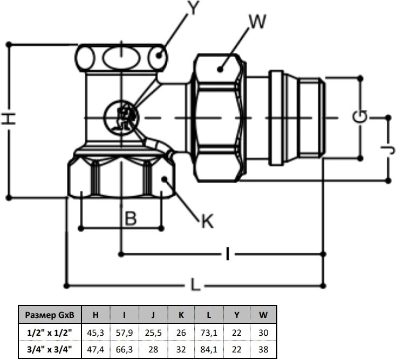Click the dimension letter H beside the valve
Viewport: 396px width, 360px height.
(x=8, y=119)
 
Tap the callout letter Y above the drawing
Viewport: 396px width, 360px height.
(x=194, y=8)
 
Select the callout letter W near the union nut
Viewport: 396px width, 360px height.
(x=257, y=21)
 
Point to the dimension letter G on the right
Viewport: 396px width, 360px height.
(x=360, y=116)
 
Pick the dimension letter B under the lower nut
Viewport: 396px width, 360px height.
(x=131, y=218)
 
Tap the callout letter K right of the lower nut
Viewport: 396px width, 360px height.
(x=207, y=221)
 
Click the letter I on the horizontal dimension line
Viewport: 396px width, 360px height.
(x=228, y=253)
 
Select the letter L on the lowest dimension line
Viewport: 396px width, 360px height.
(x=195, y=285)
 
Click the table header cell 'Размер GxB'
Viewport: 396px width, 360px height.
(x=50, y=315)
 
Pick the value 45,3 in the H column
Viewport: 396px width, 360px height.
(x=95, y=333)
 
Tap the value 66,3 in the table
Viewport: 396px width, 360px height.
(x=124, y=349)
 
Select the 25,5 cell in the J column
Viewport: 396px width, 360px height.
(x=153, y=333)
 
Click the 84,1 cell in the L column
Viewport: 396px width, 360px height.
(x=209, y=349)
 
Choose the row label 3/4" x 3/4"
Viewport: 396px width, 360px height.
(x=50, y=349)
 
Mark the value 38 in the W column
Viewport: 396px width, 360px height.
(x=263, y=349)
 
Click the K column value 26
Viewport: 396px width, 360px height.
(x=181, y=333)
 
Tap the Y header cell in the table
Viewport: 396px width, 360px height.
(x=237, y=315)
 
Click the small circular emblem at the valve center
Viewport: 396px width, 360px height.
(x=121, y=117)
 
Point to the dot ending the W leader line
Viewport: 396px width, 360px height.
(x=220, y=69)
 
